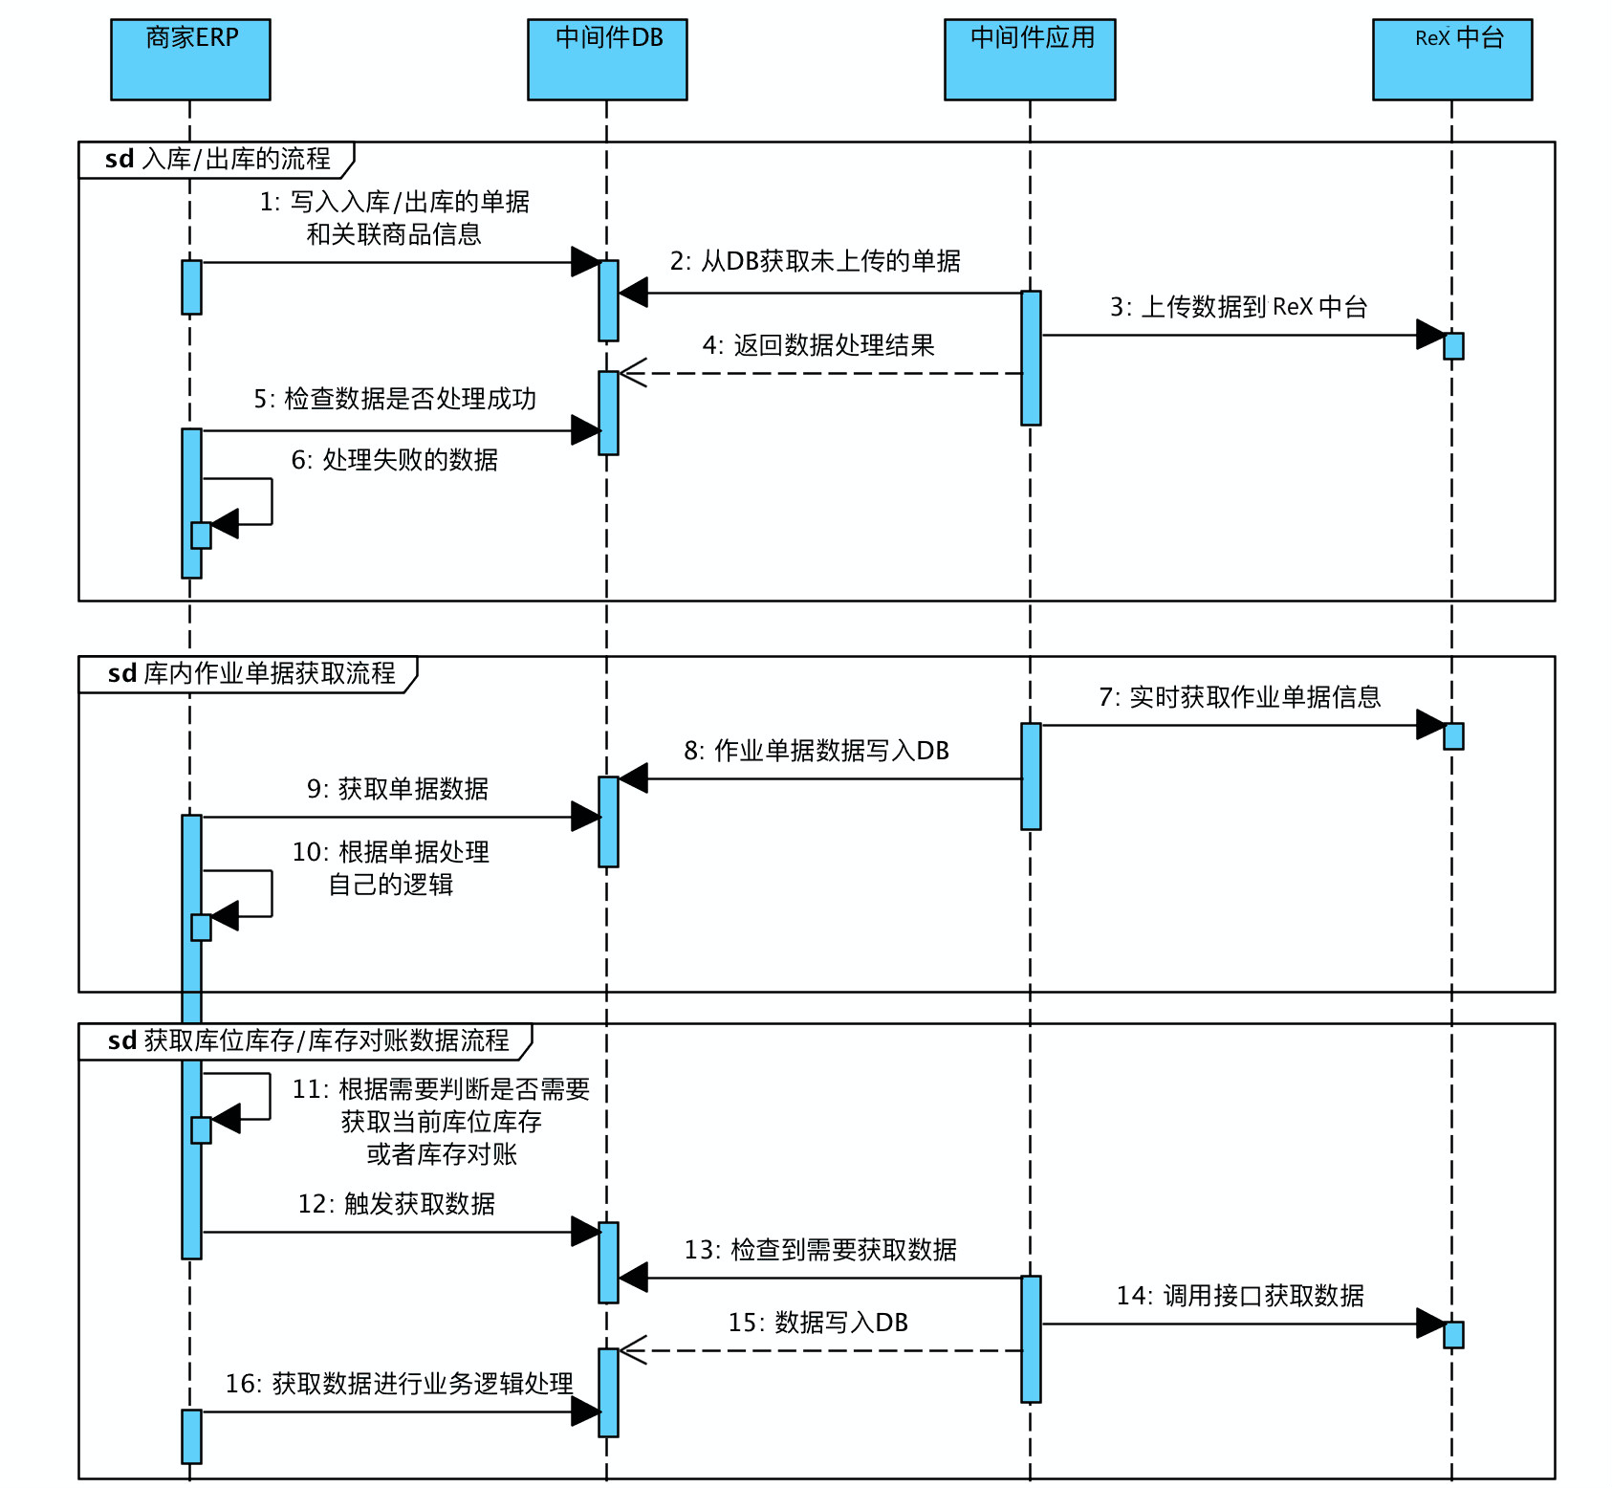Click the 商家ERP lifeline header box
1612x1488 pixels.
coord(190,59)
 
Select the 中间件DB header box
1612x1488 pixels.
coord(607,59)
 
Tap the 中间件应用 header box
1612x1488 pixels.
coord(1030,59)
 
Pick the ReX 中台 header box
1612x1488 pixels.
coord(1452,59)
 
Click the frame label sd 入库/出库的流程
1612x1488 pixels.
coord(217,159)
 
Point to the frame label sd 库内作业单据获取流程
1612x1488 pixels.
coord(251,673)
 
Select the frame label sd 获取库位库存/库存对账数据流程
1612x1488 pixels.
coord(308,1040)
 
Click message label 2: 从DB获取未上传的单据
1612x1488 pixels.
coord(815,261)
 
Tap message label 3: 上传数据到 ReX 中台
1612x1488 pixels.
coord(1238,307)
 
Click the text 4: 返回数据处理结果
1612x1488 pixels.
coord(818,345)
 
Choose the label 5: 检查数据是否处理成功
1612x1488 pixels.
coord(395,399)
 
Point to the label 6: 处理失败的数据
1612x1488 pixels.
coord(394,460)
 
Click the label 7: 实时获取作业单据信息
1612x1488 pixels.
coord(1239,697)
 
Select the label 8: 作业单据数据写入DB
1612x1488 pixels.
coord(817,751)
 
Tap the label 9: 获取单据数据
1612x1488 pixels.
coord(397,789)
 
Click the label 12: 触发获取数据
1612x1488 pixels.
coord(396,1204)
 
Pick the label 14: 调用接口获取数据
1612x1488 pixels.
coord(1240,1296)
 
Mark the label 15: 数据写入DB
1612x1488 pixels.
coord(817,1323)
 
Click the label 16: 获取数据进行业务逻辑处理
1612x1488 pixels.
coord(399,1384)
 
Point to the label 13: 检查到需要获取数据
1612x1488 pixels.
coord(820,1250)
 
